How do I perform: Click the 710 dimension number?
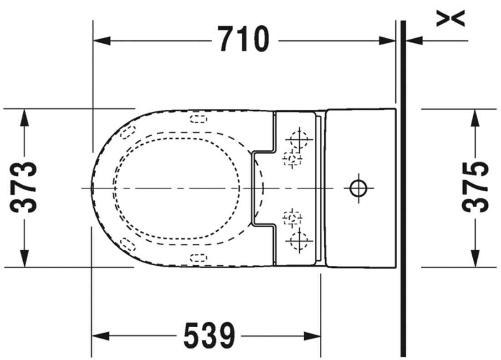coord(244,39)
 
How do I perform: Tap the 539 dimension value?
coord(210,335)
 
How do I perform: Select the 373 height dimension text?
coord(23,188)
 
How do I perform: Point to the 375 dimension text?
coord(475,187)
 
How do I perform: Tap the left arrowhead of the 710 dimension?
coord(102,41)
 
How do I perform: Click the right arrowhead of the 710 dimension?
coord(387,41)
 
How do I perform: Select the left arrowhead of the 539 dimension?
coord(101,336)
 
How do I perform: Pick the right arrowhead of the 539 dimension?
coord(312,336)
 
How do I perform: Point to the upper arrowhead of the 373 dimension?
coord(24,117)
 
